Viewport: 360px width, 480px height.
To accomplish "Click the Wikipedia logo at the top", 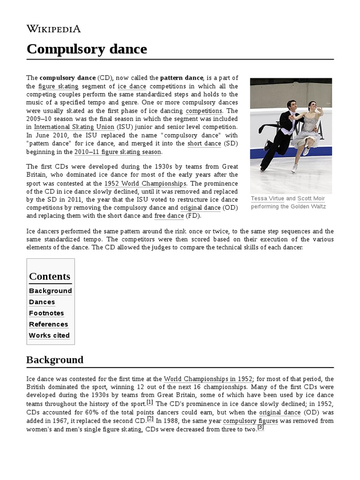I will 53,29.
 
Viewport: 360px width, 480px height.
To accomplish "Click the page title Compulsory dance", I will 87,49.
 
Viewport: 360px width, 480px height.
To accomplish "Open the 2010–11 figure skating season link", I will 118,152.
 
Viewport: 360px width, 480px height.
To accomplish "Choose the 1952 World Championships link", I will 145,183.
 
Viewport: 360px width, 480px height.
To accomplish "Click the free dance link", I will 169,216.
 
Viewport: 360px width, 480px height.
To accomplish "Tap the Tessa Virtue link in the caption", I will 267,199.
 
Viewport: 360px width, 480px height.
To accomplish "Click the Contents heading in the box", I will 50,276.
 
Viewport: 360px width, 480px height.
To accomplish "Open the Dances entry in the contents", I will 42,302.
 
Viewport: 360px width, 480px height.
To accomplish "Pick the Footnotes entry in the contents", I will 46,313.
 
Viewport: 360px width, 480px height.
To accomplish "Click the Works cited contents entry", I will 49,335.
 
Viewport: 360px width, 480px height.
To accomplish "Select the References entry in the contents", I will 48,324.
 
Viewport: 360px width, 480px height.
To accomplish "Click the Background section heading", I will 55,360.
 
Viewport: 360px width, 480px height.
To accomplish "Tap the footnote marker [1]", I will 150,402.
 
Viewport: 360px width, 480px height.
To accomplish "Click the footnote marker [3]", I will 261,427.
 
